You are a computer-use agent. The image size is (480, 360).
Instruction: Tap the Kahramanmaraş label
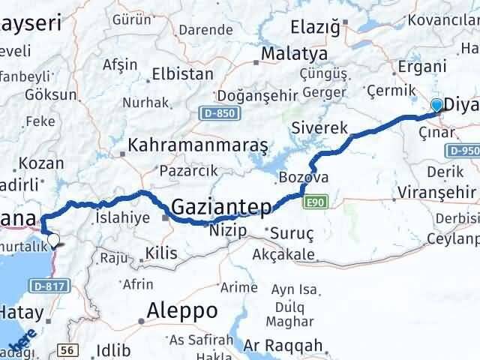[198, 145]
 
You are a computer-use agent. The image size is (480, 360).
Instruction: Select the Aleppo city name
[182, 310]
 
